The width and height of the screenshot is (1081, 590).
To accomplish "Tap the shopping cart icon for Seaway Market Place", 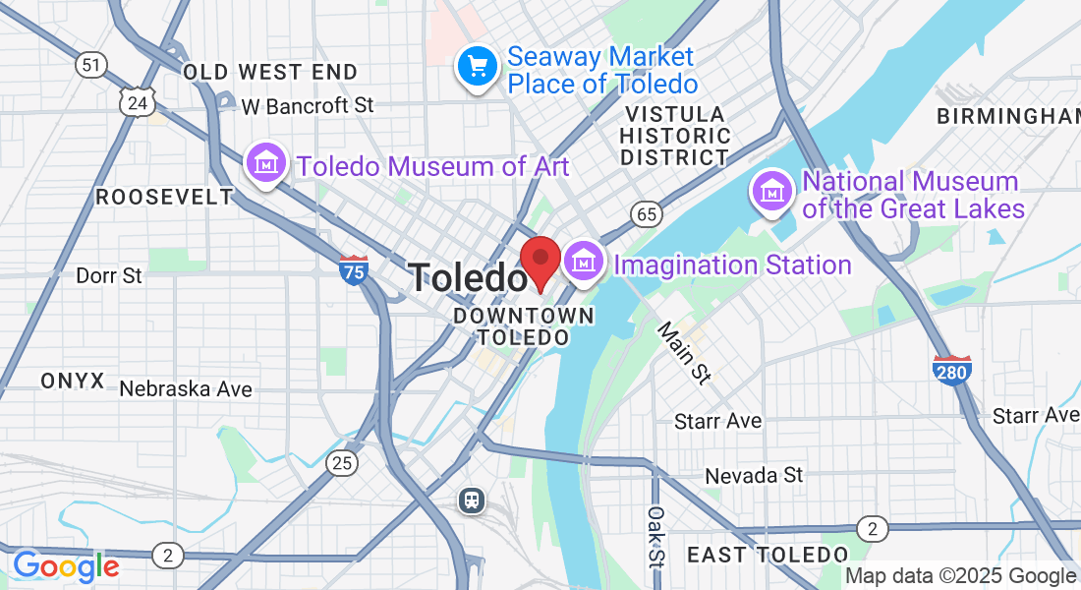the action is coord(478,67).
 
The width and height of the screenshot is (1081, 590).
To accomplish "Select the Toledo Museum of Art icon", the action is coord(265,163).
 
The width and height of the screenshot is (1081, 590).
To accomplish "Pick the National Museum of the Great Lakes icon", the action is coord(772,190).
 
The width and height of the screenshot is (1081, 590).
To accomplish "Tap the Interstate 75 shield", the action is coord(354,269).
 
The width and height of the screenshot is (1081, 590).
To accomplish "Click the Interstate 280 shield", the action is coord(952,369).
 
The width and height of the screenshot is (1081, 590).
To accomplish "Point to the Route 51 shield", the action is coord(90,65).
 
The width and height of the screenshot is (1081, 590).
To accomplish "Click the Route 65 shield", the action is coord(646,213).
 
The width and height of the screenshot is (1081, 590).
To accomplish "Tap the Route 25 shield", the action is coord(342,462).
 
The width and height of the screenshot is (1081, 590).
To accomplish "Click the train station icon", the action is coord(473,501).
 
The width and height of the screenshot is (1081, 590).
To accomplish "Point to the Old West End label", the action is coord(270,72).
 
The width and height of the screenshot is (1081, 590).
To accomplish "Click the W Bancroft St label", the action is coord(308,105).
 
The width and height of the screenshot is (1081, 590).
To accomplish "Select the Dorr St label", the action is coord(109,275).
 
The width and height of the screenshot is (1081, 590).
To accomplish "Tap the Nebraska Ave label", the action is coord(186,389).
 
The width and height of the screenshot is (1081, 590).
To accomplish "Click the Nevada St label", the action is coord(754,476).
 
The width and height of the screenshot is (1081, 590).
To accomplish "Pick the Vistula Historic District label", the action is coord(675,136).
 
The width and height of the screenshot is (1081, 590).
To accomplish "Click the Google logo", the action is coord(65,566).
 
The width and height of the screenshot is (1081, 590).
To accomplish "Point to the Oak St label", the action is coord(655,536).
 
